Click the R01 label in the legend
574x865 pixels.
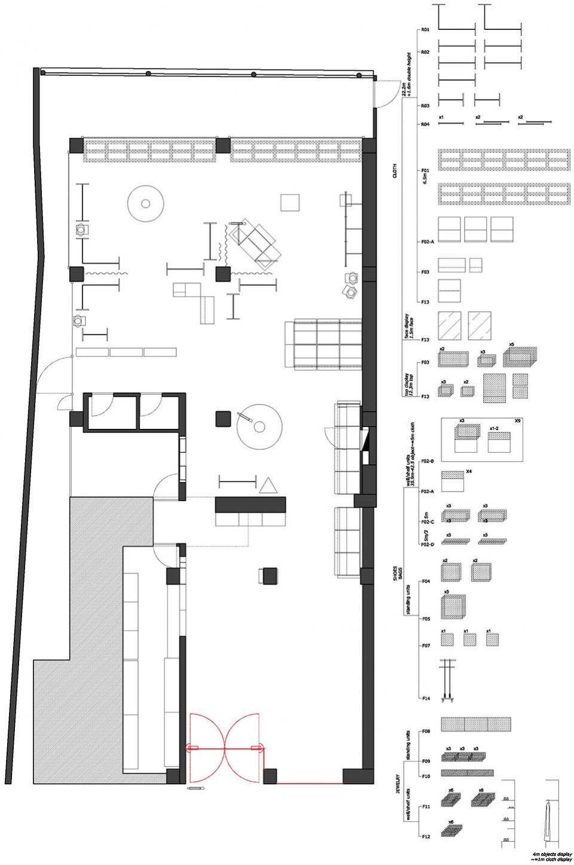tap(426, 29)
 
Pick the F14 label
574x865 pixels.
tap(426, 698)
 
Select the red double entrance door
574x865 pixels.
tap(225, 747)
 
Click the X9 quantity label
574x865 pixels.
tap(517, 422)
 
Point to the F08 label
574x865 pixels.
tap(426, 731)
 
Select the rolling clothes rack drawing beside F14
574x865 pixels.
tap(446, 680)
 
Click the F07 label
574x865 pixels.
tap(426, 646)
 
